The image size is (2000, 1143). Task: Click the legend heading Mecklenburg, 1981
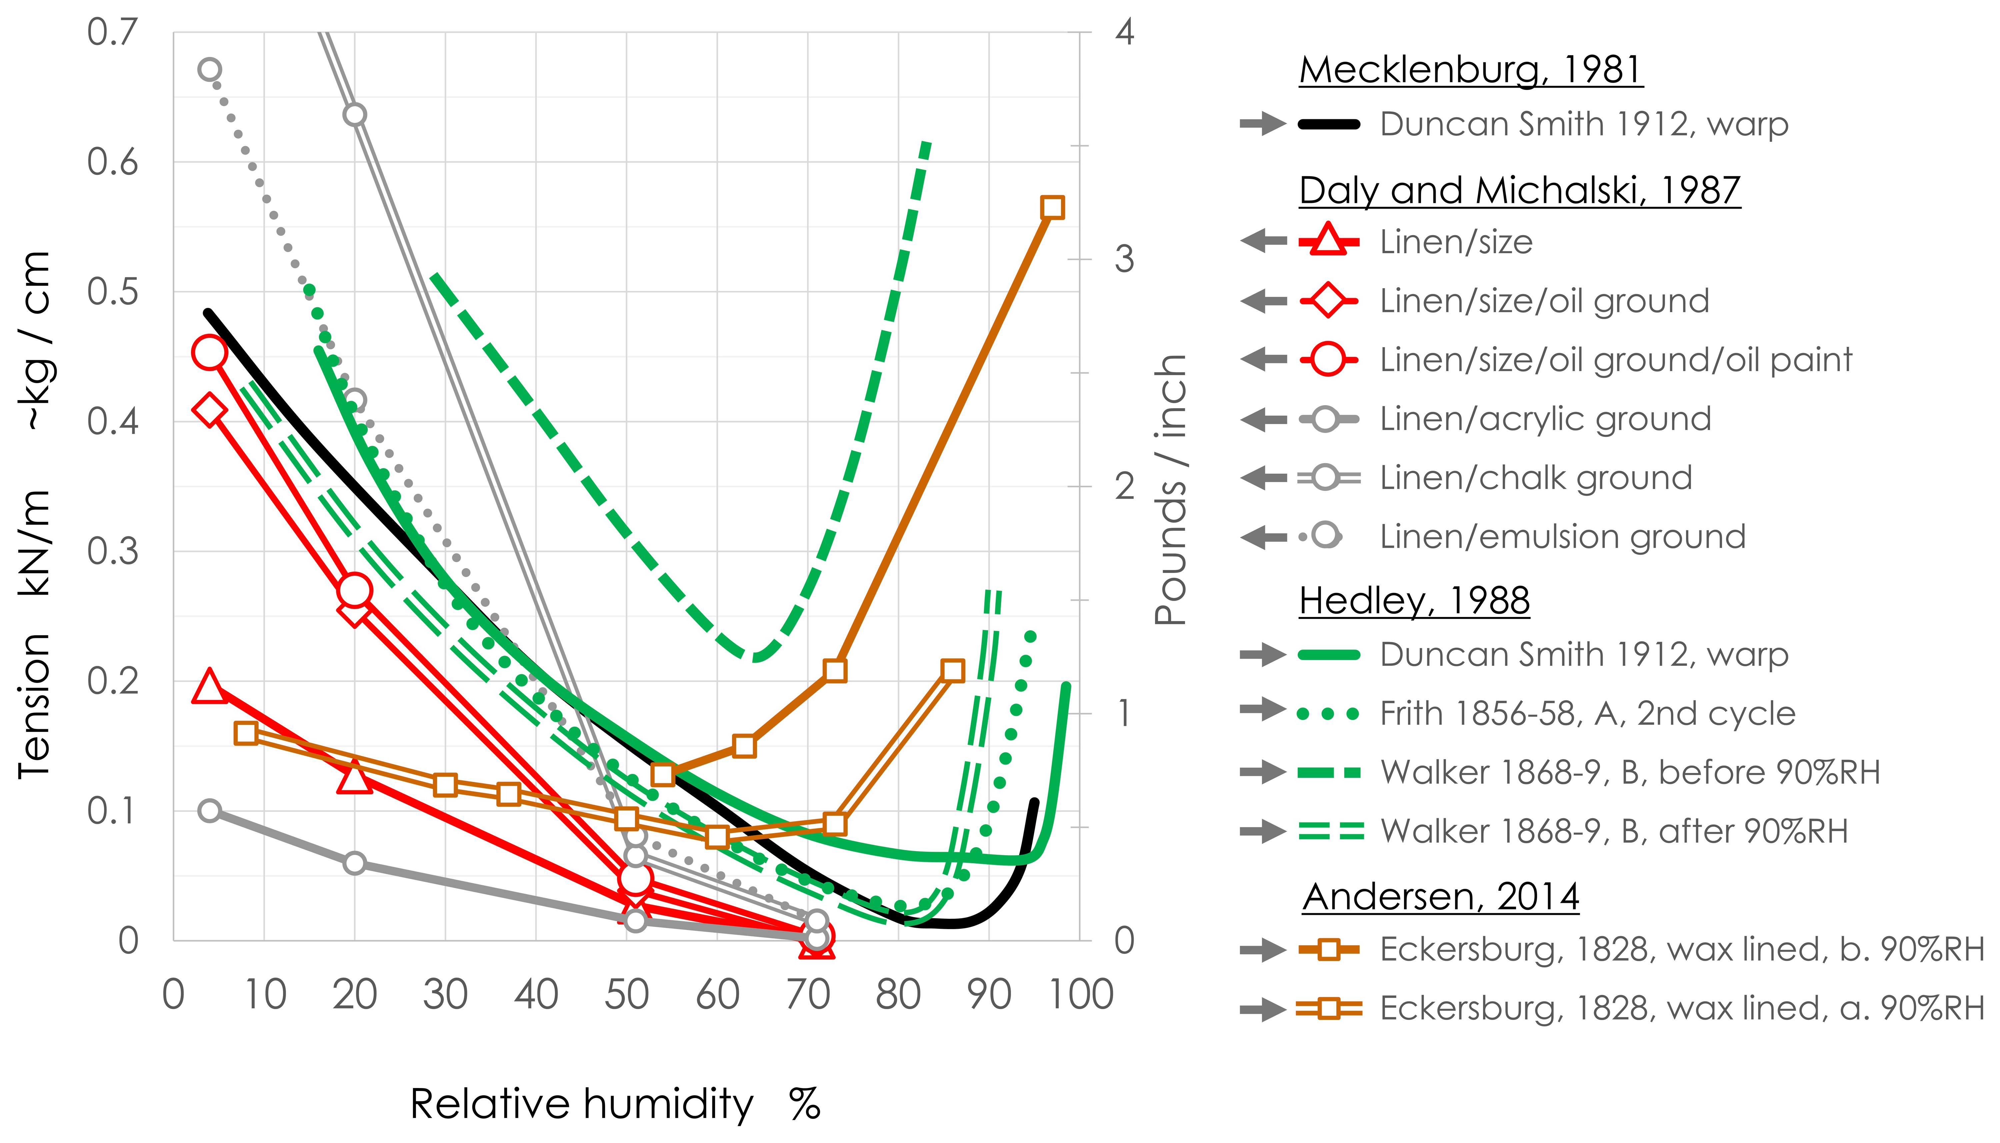click(1470, 71)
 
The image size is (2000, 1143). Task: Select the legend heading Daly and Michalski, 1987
click(1519, 191)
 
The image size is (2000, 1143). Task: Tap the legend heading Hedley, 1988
click(1413, 601)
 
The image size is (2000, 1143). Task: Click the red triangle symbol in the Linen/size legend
click(1328, 240)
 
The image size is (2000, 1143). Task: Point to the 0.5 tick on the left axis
click(112, 292)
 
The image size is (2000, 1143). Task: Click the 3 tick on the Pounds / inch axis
click(1124, 259)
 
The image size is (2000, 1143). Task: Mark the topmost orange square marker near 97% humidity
click(1052, 207)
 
